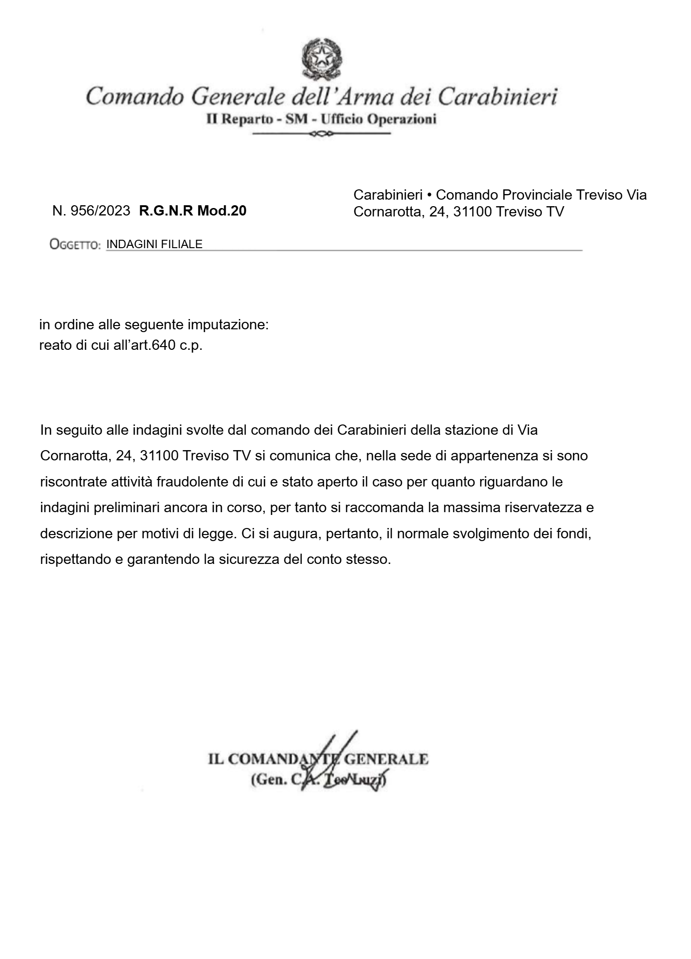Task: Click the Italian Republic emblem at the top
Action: coord(321,59)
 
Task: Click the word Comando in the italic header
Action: coord(135,97)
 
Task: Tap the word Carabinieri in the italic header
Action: coord(498,97)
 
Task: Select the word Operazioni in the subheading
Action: coord(402,119)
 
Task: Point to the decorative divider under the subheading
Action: coord(321,134)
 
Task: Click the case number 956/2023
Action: coord(100,211)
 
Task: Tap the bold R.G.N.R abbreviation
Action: coord(166,211)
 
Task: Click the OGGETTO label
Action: coord(75,245)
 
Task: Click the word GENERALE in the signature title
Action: coord(387,759)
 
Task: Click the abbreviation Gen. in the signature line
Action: coord(269,780)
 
